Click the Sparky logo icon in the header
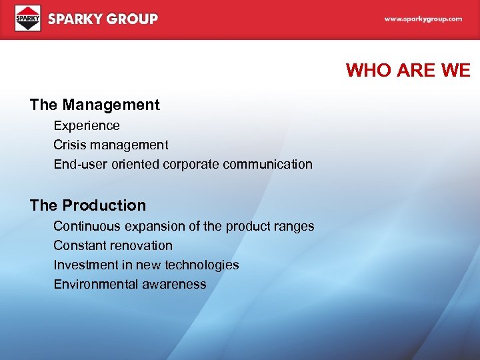click(28, 19)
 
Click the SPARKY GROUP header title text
click(103, 19)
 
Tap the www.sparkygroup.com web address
click(423, 19)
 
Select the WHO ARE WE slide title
click(408, 71)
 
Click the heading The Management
click(95, 105)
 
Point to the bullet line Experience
click(87, 125)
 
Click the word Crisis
click(69, 145)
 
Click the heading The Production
click(87, 205)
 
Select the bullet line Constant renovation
click(113, 245)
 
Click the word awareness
click(175, 284)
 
